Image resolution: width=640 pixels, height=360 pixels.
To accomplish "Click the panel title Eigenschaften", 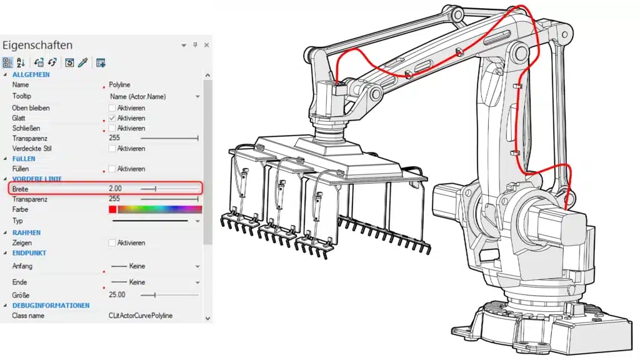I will (37, 46).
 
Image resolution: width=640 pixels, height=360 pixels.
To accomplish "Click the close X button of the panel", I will (206, 45).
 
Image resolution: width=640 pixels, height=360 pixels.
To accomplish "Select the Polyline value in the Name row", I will (119, 84).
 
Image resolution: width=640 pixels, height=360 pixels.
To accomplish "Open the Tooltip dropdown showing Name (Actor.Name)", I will (197, 97).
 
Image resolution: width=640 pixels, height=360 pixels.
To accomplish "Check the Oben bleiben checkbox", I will (112, 108).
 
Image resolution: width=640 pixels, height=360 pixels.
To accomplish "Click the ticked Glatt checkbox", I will (112, 118).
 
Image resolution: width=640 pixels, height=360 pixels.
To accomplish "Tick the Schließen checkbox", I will (112, 128).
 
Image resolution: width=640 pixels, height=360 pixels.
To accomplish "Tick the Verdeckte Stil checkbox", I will (112, 149).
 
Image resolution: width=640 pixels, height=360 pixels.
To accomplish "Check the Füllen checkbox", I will (112, 169).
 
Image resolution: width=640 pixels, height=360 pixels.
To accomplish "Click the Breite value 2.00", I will (115, 188).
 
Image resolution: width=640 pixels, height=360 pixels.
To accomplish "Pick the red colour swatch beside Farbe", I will (112, 209).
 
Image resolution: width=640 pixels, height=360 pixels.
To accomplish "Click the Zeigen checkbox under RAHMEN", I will (112, 242).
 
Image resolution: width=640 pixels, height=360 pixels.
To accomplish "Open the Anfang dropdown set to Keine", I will (197, 266).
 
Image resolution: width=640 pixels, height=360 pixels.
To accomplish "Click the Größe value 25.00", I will (117, 294).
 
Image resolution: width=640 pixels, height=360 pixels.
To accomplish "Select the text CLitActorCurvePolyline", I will (141, 316).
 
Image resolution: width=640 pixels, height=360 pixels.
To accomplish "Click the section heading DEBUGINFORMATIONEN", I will (51, 306).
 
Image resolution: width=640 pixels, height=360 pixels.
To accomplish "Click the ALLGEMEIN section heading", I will (31, 74).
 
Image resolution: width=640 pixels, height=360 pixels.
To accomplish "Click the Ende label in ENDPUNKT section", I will (19, 282).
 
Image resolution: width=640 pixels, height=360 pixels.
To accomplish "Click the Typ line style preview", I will (150, 221).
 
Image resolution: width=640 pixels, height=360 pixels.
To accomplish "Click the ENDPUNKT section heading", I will (29, 253).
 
